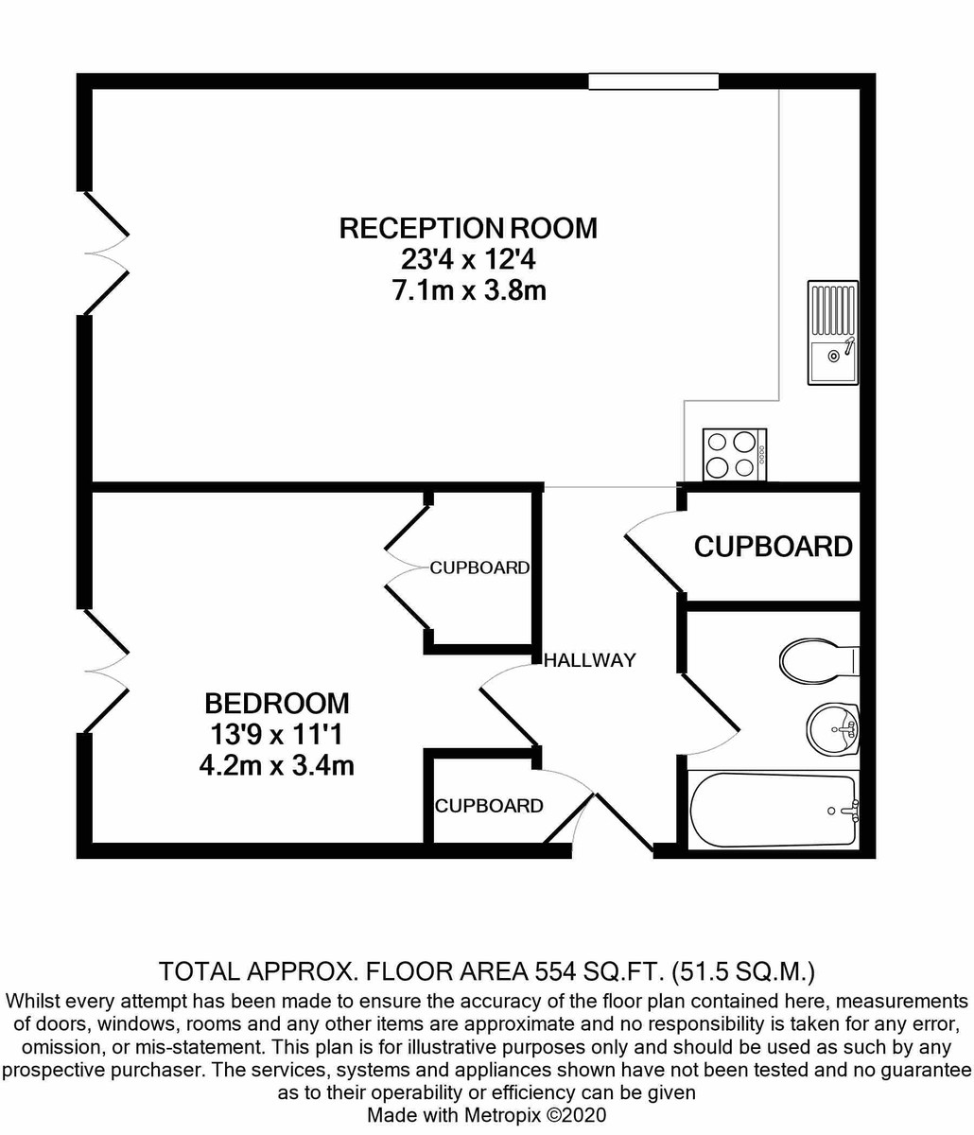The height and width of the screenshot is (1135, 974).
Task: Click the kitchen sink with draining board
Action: point(832,332)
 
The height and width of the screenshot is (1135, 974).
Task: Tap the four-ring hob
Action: point(735,455)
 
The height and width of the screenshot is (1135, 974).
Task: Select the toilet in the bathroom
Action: point(819,659)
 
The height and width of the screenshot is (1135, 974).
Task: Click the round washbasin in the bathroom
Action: point(832,728)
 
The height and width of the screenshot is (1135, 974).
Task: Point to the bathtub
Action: point(773,810)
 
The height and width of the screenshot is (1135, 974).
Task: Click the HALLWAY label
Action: point(590,659)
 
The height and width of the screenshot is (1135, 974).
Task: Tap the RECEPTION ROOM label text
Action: point(468,228)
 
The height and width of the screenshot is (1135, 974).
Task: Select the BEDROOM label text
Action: point(277,703)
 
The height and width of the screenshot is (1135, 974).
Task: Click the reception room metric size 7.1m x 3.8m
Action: point(469,290)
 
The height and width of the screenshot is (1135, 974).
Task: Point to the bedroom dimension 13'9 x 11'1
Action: point(277,734)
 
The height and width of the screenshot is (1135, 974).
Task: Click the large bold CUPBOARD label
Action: point(773,547)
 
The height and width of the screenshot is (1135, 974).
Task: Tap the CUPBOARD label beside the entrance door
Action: point(489,806)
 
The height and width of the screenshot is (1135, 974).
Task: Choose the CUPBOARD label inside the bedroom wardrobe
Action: point(479,567)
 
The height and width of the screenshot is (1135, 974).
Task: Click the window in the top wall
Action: point(653,81)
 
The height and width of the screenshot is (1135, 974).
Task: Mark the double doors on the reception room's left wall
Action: point(107,253)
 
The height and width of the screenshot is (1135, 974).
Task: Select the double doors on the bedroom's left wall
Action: point(107,671)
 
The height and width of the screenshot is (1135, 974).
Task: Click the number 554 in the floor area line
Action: point(553,971)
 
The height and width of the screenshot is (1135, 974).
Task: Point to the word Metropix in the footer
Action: point(499,1114)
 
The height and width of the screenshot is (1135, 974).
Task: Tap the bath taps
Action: point(851,810)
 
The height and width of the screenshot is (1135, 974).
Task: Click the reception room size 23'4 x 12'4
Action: point(468,259)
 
